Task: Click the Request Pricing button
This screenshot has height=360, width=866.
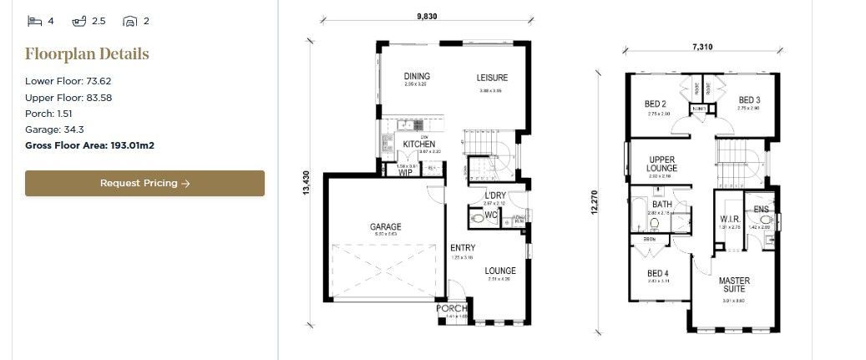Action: [x=144, y=184]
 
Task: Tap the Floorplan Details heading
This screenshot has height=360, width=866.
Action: [x=87, y=54]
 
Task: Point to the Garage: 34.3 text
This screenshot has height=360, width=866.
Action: [x=54, y=129]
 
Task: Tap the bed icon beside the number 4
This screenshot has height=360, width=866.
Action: [x=34, y=21]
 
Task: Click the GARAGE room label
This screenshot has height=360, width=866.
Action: [x=386, y=226]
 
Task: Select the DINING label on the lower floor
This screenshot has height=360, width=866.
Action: [x=416, y=75]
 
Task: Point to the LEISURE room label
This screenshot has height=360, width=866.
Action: [x=492, y=79]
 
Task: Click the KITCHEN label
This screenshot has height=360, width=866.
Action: [x=418, y=145]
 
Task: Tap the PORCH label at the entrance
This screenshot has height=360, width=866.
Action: [x=453, y=309]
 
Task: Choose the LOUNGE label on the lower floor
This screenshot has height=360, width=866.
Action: [x=500, y=271]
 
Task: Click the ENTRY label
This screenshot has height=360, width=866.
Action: [x=463, y=248]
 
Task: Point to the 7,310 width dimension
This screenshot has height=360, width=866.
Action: [x=702, y=48]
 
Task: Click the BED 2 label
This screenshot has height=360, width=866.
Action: [x=655, y=104]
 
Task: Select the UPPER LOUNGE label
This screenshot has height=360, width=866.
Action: [x=662, y=164]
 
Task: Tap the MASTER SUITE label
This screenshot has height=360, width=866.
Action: [x=735, y=285]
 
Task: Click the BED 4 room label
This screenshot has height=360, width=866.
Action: [x=657, y=273]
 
